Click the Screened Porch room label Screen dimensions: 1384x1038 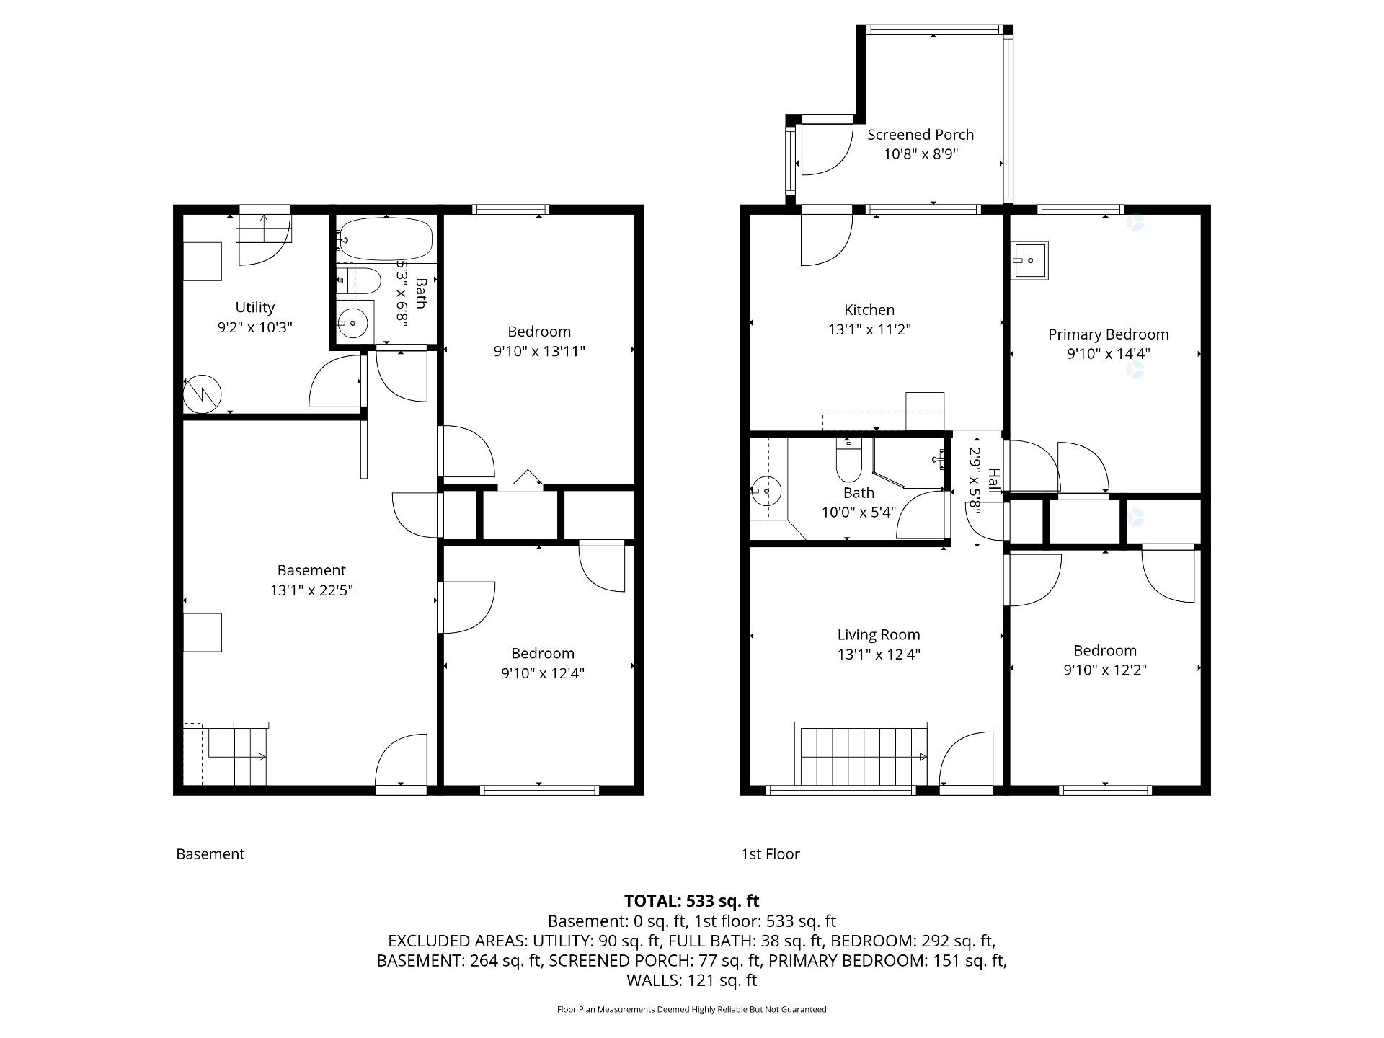click(x=921, y=135)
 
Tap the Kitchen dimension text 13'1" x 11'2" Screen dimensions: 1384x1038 click(x=869, y=329)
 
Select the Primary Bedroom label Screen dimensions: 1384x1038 click(x=1108, y=334)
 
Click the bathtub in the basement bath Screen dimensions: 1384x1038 click(x=386, y=239)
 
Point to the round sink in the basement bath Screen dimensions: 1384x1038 click(x=352, y=323)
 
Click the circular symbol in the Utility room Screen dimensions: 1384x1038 click(x=202, y=394)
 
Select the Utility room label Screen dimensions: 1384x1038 click(x=255, y=308)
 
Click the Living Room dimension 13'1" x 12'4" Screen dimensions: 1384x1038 click(x=879, y=655)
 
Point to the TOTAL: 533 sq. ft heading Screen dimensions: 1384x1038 click(x=691, y=901)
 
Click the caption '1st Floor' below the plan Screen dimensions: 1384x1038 click(x=771, y=854)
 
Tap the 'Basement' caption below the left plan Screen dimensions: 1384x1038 click(x=210, y=854)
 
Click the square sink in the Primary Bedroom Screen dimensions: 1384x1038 click(x=1029, y=260)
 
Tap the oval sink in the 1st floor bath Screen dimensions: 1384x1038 click(x=766, y=492)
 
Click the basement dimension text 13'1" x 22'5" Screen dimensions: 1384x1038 click(x=311, y=590)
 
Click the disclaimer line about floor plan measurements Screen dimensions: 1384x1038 click(x=691, y=1010)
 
